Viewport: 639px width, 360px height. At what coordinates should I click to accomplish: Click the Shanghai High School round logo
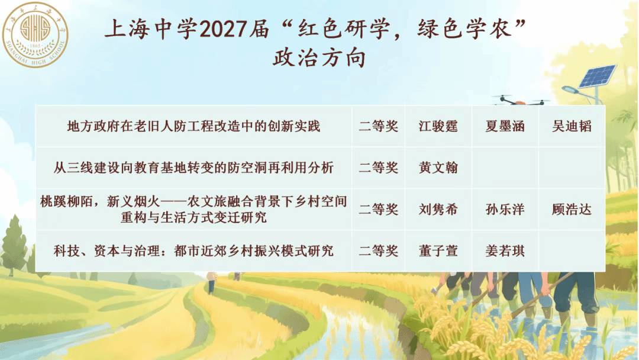35,35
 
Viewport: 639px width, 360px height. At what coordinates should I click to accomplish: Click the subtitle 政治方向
319,58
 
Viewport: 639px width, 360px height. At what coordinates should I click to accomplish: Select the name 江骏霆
438,126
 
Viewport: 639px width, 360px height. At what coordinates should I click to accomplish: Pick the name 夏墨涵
505,126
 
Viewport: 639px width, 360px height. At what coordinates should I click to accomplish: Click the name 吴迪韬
572,126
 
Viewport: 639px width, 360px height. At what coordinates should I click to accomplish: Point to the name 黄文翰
438,168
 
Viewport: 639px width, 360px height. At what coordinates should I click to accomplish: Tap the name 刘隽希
438,210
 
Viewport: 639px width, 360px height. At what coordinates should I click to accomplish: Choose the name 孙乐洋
505,210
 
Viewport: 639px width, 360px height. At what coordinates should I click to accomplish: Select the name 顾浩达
572,210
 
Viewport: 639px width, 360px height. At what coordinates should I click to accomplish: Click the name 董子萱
438,250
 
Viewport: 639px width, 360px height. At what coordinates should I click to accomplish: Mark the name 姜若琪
505,250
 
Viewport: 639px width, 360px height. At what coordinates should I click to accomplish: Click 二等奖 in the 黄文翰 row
378,168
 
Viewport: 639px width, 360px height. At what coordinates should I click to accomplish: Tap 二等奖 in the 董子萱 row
378,250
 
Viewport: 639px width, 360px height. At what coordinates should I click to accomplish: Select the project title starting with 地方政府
193,126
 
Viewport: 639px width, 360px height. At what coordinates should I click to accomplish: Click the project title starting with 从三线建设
193,168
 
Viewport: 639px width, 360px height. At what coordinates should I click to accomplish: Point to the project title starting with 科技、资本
193,250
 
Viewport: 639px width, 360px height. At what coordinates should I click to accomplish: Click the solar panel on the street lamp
598,76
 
